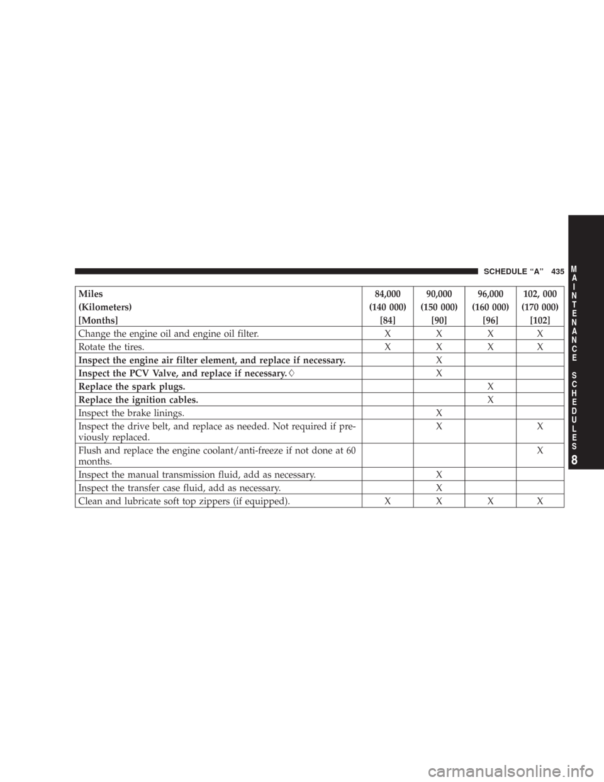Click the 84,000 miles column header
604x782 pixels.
click(388, 293)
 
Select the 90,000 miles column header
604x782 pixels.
click(439, 293)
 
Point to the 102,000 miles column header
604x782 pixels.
click(539, 293)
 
